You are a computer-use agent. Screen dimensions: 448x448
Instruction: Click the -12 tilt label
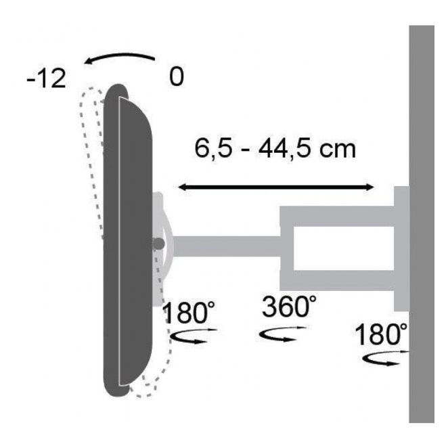tap(46, 79)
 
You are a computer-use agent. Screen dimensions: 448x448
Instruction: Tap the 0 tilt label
tap(176, 77)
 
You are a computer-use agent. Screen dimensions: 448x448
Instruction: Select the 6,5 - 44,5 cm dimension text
tap(275, 148)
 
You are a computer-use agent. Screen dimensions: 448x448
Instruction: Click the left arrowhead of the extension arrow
tap(182, 187)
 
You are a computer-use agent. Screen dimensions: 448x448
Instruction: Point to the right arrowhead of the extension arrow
tap(369, 187)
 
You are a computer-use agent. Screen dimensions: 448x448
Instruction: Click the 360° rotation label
tap(289, 307)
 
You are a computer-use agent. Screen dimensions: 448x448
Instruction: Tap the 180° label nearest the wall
tap(381, 334)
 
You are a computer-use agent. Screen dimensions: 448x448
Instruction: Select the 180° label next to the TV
tap(189, 312)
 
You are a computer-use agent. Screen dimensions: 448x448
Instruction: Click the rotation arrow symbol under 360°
tap(282, 334)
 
